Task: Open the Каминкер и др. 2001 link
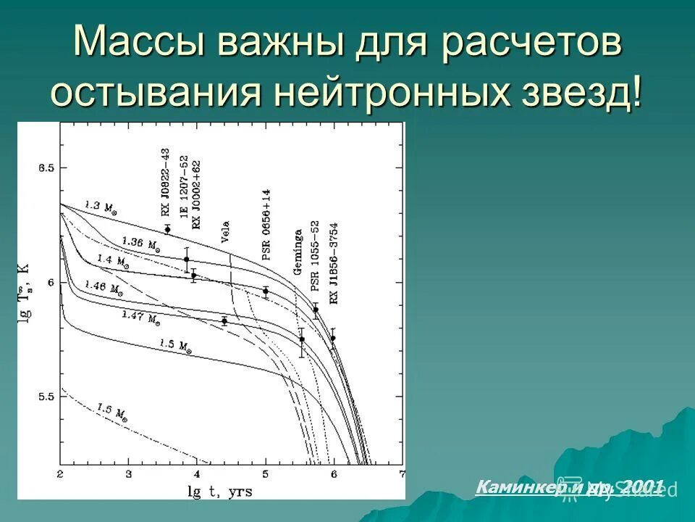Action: pos(569,487)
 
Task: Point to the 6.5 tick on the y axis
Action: pos(46,168)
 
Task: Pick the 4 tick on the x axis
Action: pos(197,474)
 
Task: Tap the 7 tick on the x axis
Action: pos(402,474)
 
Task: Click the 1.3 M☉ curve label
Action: pos(100,207)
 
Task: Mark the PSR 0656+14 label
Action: pos(266,225)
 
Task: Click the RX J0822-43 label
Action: pos(166,183)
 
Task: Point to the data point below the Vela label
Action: pos(224,321)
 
